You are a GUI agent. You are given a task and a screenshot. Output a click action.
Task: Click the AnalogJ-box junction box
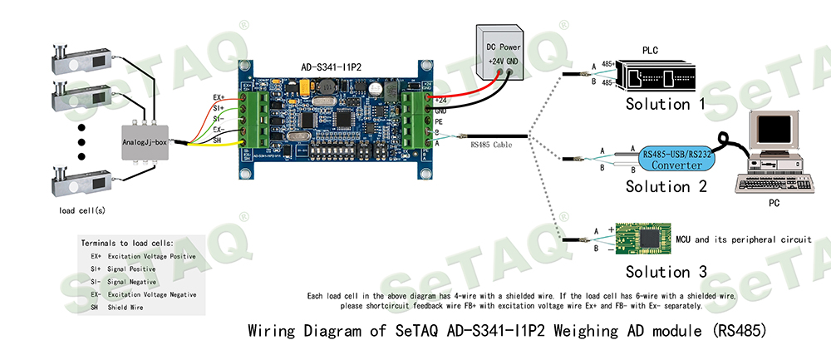coord(145,143)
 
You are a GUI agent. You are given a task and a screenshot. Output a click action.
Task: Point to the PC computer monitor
coord(772,136)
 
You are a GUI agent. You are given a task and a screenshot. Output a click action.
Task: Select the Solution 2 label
coord(666,186)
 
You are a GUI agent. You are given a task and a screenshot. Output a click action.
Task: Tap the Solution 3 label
coord(666,272)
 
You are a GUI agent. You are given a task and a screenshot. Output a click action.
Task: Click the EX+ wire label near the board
coord(219,97)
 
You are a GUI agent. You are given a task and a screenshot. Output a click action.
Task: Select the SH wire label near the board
coord(218,141)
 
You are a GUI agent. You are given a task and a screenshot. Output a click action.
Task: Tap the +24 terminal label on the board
coord(440,101)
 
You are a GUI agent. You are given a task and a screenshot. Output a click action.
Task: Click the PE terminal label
coord(440,121)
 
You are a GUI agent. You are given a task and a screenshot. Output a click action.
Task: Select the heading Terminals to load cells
coord(127,243)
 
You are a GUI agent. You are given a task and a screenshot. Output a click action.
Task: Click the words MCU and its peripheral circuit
coord(752,239)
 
